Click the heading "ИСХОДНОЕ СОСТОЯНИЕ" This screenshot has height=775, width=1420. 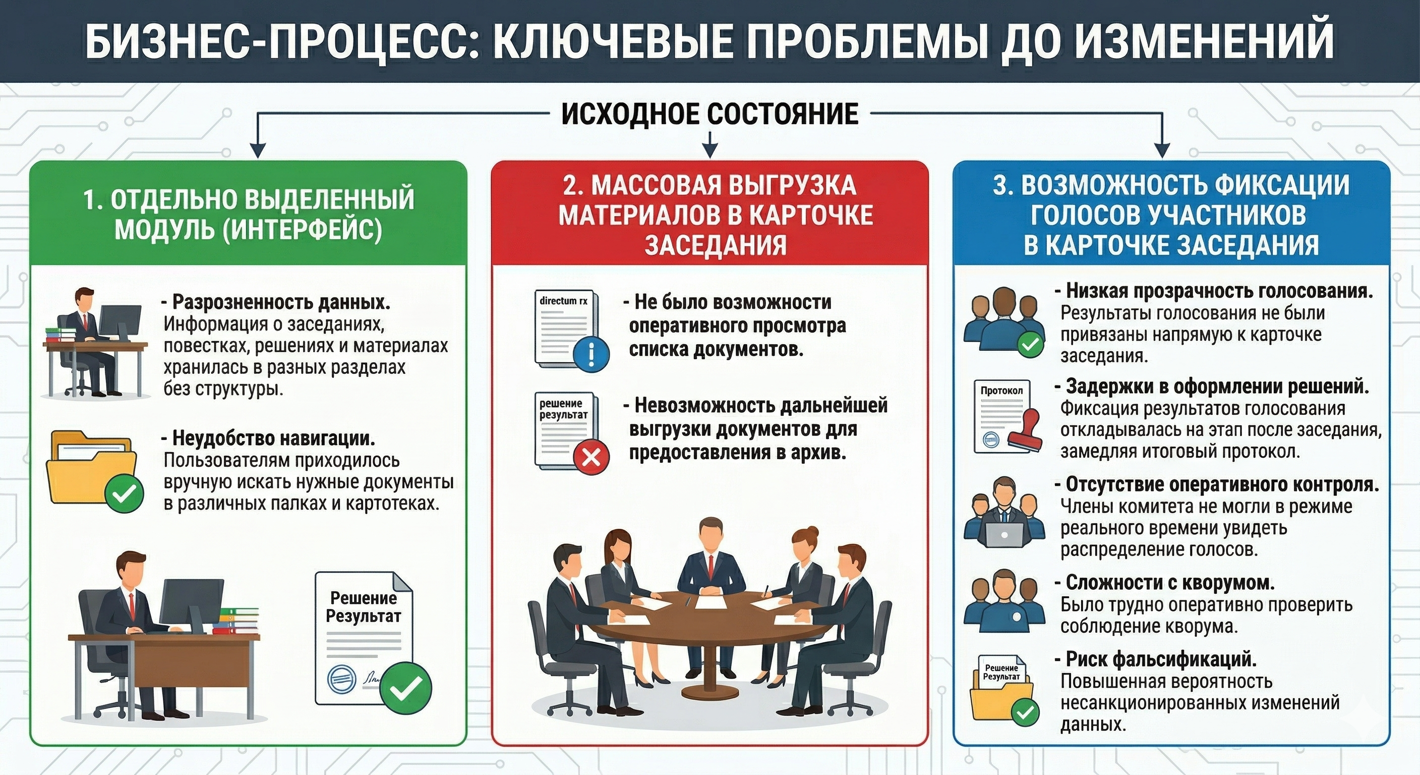709,115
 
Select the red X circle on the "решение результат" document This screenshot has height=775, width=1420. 591,457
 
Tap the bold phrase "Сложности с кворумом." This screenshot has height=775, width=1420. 1170,582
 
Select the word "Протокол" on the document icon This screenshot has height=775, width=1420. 1001,391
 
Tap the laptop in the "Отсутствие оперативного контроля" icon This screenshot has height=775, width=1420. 1004,533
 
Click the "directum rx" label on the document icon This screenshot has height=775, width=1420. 563,301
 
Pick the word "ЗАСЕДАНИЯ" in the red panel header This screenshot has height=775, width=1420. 715,245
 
